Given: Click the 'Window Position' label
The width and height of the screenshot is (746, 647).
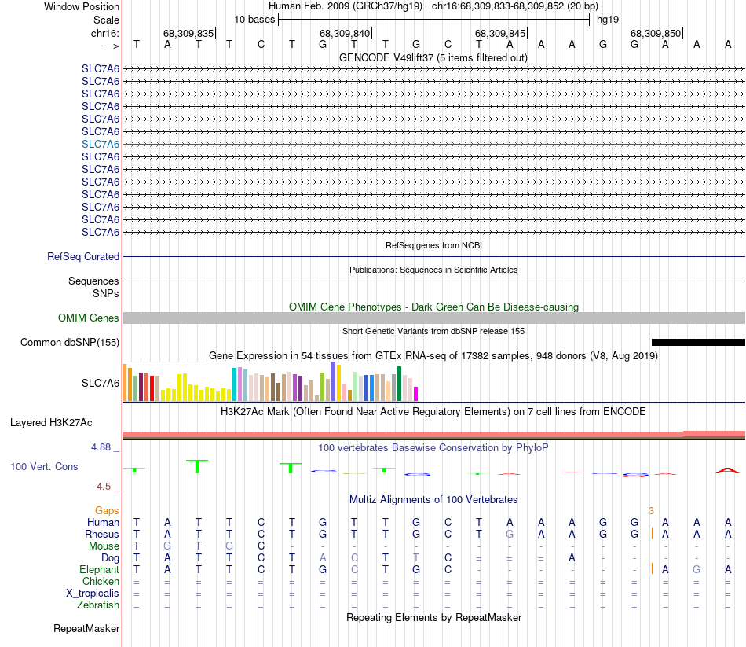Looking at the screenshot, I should (x=82, y=6).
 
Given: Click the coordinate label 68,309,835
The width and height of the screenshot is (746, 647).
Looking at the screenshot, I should (x=188, y=34).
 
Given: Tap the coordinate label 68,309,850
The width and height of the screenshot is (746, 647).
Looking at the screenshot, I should (x=656, y=34).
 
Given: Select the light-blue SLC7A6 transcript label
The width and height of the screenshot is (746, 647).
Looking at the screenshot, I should (x=101, y=144).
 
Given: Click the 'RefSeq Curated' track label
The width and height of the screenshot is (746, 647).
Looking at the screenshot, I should (x=83, y=256).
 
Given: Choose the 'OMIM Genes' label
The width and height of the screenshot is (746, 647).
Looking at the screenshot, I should (x=89, y=318).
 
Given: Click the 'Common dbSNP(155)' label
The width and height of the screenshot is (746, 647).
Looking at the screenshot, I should (x=70, y=342).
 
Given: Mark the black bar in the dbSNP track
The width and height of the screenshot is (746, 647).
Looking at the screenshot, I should (x=697, y=342).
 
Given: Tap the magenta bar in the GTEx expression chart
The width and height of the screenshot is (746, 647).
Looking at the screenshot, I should (x=416, y=393).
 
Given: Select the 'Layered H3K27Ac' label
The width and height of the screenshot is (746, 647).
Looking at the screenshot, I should (x=51, y=422).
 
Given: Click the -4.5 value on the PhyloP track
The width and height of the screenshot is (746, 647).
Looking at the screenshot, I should (x=103, y=486).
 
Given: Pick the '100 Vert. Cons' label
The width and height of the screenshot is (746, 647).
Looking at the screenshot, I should (x=44, y=466).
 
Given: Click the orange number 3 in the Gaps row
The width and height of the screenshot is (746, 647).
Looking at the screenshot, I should (x=651, y=511).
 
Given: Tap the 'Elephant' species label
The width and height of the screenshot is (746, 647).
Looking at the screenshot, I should (x=100, y=569).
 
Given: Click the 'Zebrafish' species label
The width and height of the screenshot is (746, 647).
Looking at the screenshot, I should (x=98, y=605).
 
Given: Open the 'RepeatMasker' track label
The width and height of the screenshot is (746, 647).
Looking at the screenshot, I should (x=86, y=628).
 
